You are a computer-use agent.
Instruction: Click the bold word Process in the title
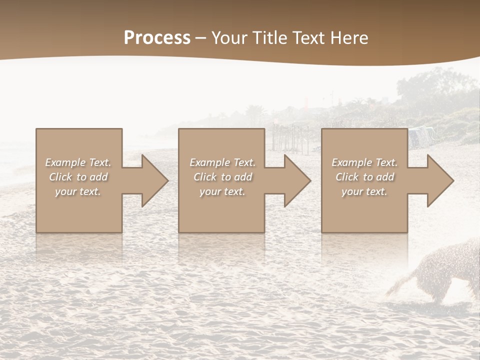click(157, 38)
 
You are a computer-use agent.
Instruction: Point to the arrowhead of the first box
click(153, 180)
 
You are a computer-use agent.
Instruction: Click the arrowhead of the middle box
click(295, 180)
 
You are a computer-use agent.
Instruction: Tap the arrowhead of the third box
click(438, 180)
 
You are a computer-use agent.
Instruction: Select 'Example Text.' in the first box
click(78, 162)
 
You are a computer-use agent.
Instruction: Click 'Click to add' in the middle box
click(222, 177)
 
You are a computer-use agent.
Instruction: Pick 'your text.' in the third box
click(364, 191)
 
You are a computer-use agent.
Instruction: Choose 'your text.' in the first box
click(78, 191)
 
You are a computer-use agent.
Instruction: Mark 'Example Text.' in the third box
click(364, 162)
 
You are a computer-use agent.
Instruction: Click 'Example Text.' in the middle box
click(222, 162)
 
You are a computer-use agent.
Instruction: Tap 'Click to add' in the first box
click(78, 177)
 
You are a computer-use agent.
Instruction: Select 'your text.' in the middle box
click(222, 191)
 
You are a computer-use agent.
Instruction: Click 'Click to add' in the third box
click(364, 177)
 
